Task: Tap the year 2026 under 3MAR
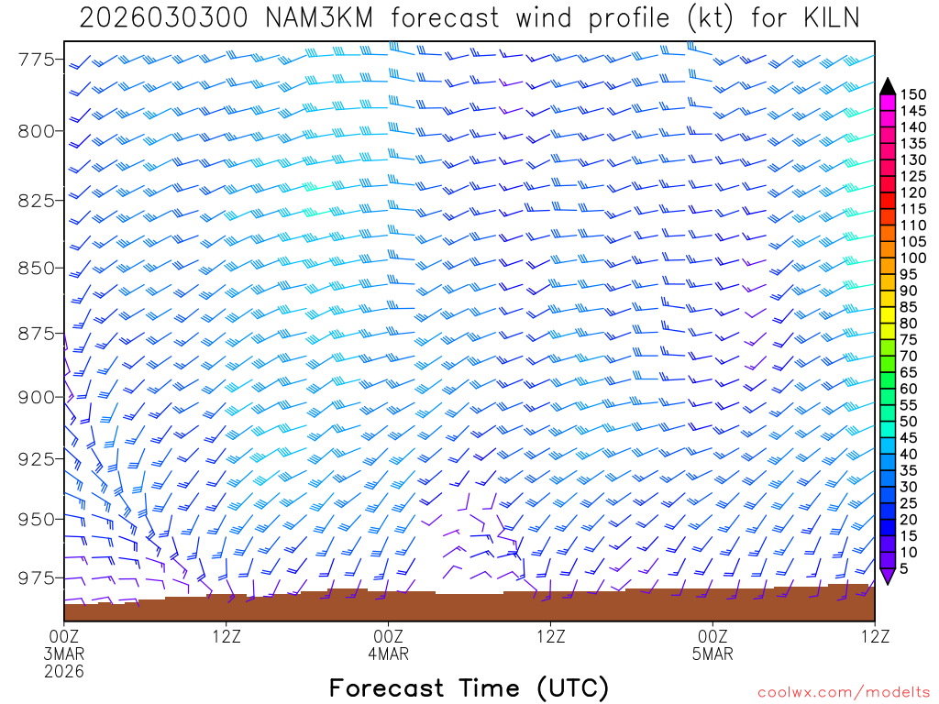64,672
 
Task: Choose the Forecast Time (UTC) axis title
469,687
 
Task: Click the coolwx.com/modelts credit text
843,690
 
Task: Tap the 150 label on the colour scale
913,94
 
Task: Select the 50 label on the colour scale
910,421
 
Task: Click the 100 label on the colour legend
913,258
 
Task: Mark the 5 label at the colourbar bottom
906,568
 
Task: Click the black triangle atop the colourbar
887,86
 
